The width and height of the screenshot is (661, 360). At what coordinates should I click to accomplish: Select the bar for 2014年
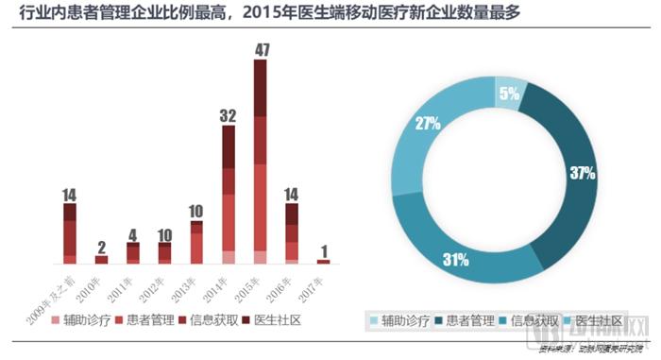click(228, 194)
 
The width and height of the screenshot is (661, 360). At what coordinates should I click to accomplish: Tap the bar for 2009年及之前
click(69, 232)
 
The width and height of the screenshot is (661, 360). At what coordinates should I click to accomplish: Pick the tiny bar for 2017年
click(323, 261)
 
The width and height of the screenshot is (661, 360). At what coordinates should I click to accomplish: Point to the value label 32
click(228, 115)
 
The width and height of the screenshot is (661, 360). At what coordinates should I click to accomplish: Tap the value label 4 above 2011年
click(133, 233)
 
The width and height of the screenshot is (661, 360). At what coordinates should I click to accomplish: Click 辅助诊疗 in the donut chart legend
click(411, 319)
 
